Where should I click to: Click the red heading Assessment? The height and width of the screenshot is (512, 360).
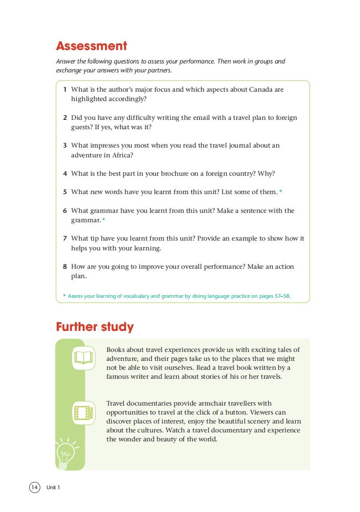(x=92, y=46)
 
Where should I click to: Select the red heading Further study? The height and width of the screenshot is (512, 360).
(x=95, y=327)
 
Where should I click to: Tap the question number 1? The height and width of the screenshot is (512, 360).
(x=65, y=89)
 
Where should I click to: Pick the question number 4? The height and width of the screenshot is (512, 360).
(x=65, y=173)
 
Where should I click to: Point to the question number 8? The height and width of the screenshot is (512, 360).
(x=65, y=267)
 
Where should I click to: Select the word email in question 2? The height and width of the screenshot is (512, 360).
(x=203, y=118)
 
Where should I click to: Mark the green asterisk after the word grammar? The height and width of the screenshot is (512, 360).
(x=104, y=220)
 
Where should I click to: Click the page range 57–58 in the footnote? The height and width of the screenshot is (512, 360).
(x=282, y=296)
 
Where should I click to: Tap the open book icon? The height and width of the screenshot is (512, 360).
(x=84, y=358)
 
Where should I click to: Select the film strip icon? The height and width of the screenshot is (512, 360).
(x=84, y=412)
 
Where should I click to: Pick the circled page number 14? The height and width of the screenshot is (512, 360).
(x=34, y=487)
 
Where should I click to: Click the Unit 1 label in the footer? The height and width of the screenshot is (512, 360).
(x=53, y=487)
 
